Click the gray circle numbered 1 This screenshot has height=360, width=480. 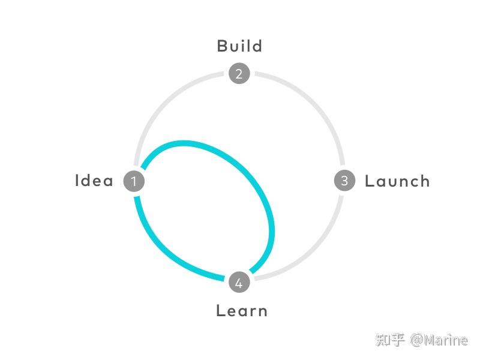coord(134,181)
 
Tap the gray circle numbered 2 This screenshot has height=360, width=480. coord(239,74)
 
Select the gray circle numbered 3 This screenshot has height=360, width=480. coord(344,181)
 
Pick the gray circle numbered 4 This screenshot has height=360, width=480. coord(239,283)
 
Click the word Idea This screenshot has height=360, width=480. coord(94,181)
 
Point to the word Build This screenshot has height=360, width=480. coord(239,46)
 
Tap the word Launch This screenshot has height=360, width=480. coord(397,181)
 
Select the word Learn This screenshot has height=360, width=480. coord(241,310)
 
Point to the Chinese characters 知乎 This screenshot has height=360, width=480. coord(390,340)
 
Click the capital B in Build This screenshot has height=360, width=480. coord(223,46)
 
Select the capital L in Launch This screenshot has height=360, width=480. coord(370,181)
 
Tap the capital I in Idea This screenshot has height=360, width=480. coord(77,181)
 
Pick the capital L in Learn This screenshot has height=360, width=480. coord(220,310)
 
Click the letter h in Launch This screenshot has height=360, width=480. coord(424,181)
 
